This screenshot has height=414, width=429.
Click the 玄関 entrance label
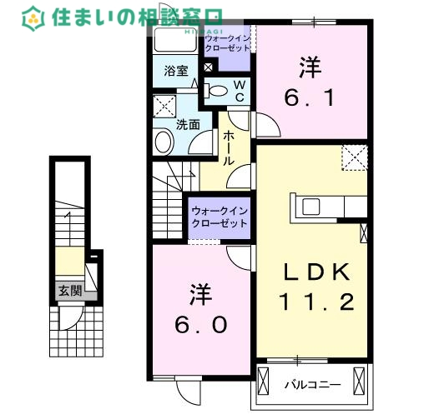point(70,291)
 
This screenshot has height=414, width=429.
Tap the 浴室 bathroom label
point(174,72)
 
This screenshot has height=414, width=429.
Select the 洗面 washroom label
point(187,125)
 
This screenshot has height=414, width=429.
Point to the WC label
point(238,90)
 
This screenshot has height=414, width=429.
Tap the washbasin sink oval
point(160,141)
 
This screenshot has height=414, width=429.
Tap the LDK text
point(314,271)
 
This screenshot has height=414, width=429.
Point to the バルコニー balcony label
point(311,385)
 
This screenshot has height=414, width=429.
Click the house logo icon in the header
point(34,15)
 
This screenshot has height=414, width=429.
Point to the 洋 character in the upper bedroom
point(310,65)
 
